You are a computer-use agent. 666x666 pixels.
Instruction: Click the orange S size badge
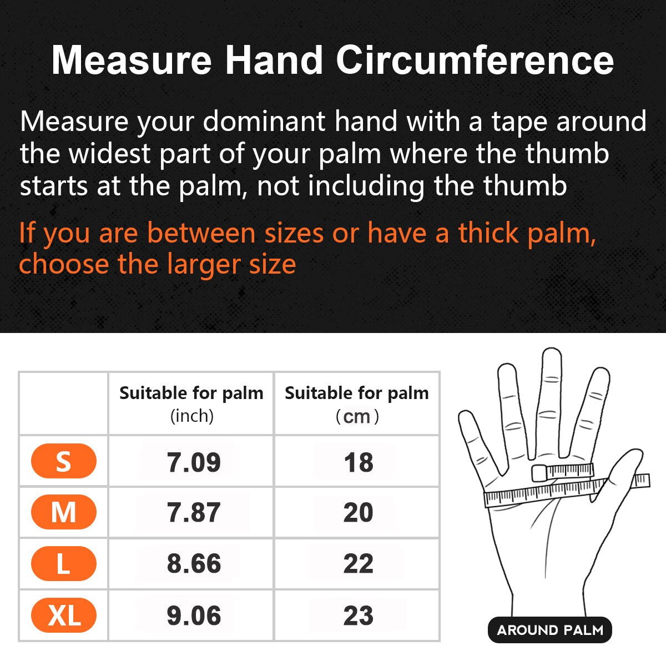64,461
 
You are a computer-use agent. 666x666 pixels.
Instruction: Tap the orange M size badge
64,512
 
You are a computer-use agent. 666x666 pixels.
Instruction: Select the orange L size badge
64,563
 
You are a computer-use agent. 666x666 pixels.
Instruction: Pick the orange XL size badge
64,615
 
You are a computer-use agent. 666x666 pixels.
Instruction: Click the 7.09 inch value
194,462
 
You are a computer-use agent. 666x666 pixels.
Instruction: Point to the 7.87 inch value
194,512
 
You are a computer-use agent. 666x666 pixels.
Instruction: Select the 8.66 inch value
194,563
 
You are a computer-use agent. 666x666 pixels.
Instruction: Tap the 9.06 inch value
194,615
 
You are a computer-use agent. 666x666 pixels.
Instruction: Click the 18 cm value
359,462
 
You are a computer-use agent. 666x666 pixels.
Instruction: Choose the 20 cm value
359,512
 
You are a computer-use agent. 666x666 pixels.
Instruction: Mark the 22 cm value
359,563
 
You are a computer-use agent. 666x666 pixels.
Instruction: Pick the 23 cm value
359,615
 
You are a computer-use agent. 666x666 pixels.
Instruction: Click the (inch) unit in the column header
192,416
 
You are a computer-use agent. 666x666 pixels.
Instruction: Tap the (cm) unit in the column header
357,416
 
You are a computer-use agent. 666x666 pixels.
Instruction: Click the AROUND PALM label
550,630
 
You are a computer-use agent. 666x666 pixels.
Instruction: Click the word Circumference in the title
475,60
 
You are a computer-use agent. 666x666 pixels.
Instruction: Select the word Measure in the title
132,60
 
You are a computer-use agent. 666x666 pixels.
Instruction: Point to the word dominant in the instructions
264,121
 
